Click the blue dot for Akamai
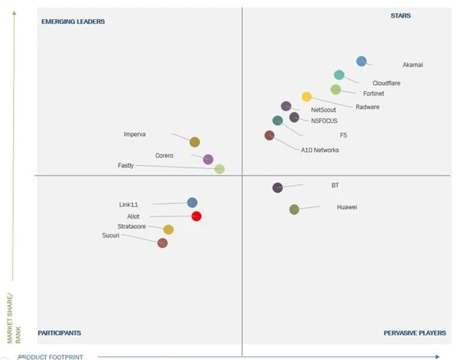(x=361, y=61)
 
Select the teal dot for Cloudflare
(x=339, y=75)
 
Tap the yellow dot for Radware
(x=306, y=96)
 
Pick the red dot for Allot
(x=196, y=216)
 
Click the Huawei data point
(x=294, y=209)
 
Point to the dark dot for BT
(x=277, y=187)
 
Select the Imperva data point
(x=195, y=141)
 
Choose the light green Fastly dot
(x=219, y=169)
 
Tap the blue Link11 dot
(x=192, y=203)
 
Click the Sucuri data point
(x=162, y=243)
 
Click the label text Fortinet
(x=374, y=93)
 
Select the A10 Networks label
(x=320, y=150)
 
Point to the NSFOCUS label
(x=324, y=121)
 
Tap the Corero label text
(x=164, y=155)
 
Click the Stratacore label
(x=131, y=226)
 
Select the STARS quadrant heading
(x=400, y=15)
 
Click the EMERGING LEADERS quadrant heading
(x=73, y=21)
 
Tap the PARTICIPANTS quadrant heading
(x=60, y=333)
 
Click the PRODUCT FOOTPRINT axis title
(x=50, y=356)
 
